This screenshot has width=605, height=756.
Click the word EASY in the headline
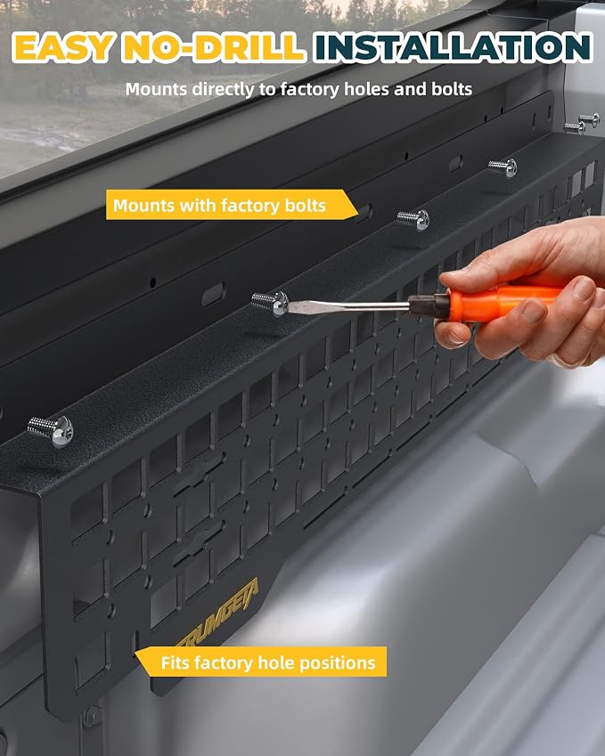coord(62,48)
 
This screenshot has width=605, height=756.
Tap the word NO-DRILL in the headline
coord(213,48)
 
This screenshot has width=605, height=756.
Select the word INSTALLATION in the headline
coord(453,47)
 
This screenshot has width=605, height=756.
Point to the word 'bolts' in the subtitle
coord(452,89)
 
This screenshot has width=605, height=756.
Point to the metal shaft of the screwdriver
coord(348,306)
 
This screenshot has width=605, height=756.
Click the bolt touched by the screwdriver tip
coord(271,303)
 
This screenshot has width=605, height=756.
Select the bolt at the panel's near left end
coord(51,431)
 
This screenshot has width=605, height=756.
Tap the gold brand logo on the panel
coord(218,614)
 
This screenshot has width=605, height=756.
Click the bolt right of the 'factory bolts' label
coord(414,219)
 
